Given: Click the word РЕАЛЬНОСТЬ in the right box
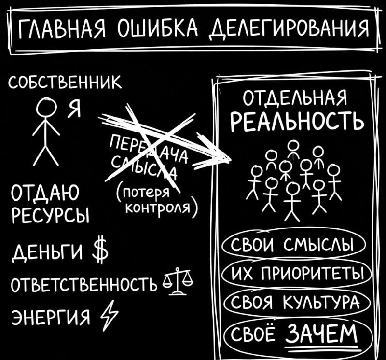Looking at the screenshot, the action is [296, 122].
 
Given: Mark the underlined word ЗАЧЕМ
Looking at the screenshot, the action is [322, 333].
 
